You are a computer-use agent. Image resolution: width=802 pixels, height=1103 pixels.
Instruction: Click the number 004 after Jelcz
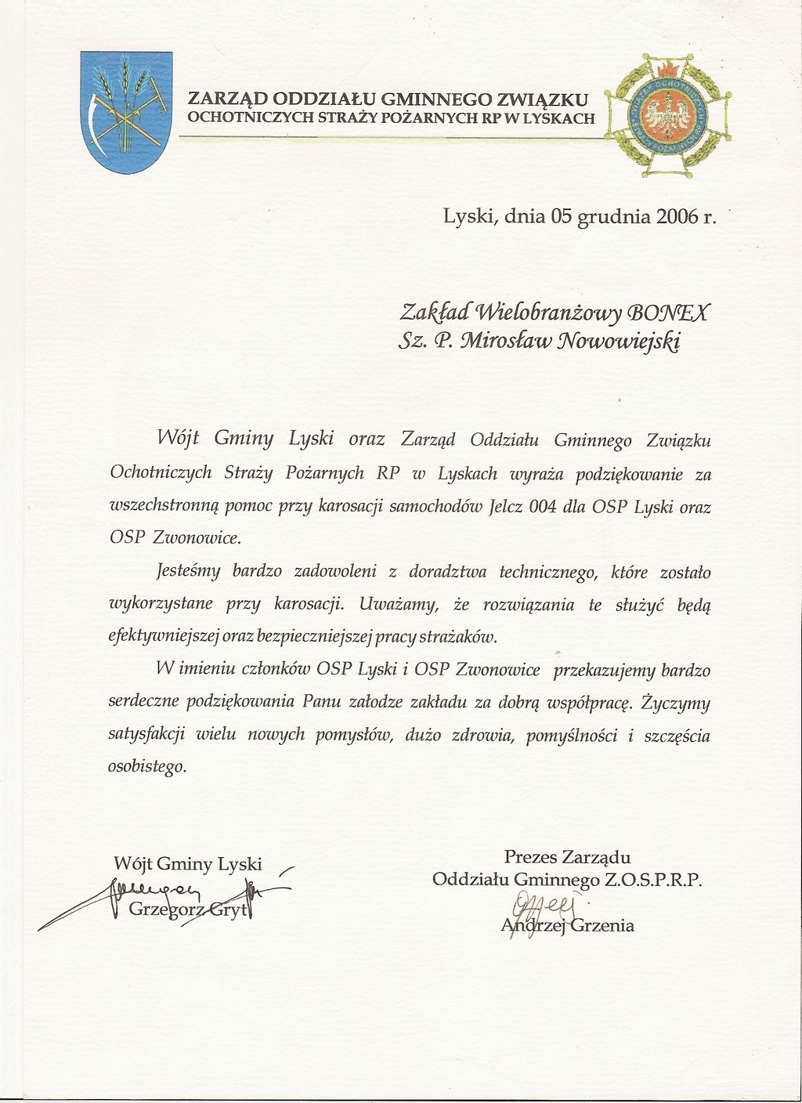(542, 506)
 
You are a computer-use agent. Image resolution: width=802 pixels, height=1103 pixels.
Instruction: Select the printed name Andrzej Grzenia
(568, 926)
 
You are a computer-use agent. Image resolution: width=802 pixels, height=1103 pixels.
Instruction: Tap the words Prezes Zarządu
(567, 857)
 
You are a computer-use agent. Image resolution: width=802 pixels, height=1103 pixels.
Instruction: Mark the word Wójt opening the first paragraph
(175, 439)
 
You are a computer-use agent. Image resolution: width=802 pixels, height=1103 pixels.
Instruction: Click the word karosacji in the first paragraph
(350, 506)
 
